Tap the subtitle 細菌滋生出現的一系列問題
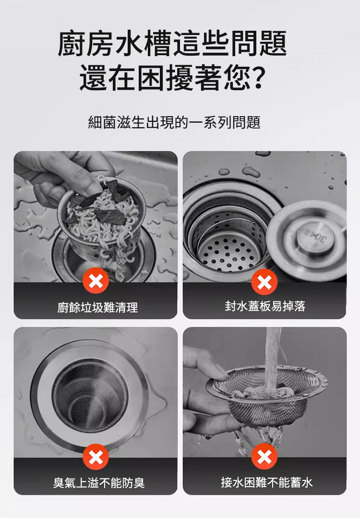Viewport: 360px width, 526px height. tap(174, 122)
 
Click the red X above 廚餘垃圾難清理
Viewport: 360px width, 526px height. tap(96, 281)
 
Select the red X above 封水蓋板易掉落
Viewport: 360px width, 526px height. tap(264, 282)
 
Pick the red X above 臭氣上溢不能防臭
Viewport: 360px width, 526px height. tap(96, 457)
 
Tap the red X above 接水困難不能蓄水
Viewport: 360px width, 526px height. tap(264, 456)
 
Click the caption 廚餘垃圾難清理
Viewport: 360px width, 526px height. tap(97, 307)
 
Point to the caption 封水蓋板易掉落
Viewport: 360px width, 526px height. tap(265, 306)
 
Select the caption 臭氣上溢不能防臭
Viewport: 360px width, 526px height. tap(98, 483)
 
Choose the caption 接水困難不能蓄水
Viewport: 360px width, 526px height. tap(267, 482)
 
